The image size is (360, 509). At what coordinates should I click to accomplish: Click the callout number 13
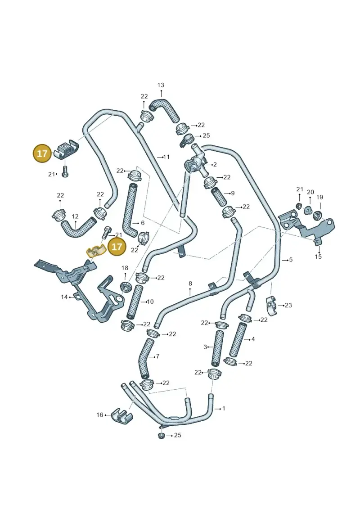161,85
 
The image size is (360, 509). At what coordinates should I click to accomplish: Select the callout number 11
166,157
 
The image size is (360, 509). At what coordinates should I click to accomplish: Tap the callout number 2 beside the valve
215,165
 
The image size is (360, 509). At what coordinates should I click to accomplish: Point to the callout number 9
233,193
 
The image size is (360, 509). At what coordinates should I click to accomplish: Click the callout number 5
291,260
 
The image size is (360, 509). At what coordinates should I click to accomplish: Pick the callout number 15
319,257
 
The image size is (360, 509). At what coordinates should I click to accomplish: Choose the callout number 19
320,197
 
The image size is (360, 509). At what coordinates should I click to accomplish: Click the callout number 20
310,192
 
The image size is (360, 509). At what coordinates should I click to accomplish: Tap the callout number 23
288,305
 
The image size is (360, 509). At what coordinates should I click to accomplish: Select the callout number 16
99,415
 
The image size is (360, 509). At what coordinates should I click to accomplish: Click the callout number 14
64,297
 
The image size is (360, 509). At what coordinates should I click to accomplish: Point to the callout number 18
125,268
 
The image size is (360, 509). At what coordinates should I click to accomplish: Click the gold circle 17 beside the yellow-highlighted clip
117,247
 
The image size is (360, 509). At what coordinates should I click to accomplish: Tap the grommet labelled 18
125,287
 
